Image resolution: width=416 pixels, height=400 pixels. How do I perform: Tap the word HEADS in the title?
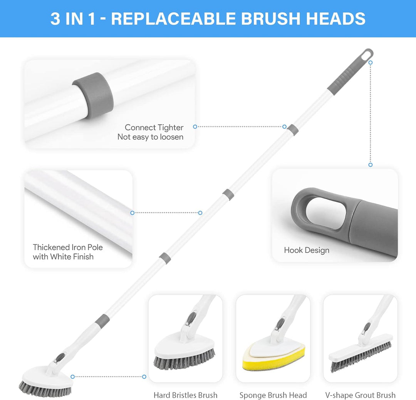(x=336, y=18)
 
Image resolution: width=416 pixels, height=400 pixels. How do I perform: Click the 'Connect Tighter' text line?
(x=154, y=127)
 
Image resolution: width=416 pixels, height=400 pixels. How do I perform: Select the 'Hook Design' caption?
(x=307, y=250)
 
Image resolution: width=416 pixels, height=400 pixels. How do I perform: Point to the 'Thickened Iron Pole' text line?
(x=68, y=247)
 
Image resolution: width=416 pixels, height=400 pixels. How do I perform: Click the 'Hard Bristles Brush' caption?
(x=185, y=395)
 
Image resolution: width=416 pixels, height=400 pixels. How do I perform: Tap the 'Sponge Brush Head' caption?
(x=273, y=395)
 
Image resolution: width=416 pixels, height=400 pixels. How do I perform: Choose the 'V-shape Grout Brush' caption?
(x=360, y=395)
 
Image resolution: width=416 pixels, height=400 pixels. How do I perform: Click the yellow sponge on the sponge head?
(x=273, y=358)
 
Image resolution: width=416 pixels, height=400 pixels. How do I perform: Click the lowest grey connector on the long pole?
(x=102, y=321)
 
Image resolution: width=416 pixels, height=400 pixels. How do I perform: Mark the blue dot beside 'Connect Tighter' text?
(x=195, y=127)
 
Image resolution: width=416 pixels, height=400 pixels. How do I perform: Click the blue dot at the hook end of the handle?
(x=371, y=63)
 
